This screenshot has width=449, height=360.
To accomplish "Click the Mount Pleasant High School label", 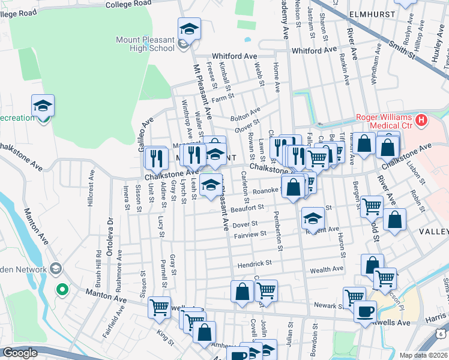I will [145, 44].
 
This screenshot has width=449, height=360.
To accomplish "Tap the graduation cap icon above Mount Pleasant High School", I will [188, 28].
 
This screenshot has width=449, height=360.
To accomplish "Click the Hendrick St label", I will [255, 263].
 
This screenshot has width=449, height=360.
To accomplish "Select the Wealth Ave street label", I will [327, 270].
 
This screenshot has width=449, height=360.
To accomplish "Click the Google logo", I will [20, 353].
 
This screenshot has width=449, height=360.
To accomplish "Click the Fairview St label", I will [249, 233].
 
